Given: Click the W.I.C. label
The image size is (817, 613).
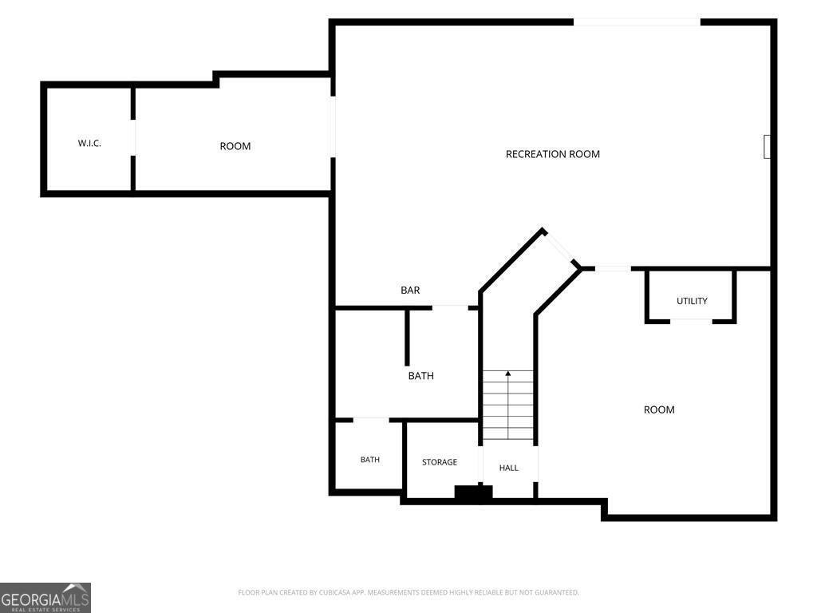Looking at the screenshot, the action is click(89, 144).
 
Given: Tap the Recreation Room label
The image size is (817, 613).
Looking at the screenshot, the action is click(553, 154).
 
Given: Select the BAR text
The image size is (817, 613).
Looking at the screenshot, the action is click(410, 291).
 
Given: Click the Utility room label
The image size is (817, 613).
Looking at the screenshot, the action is click(692, 301).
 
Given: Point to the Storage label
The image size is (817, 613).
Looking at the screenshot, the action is click(440, 462).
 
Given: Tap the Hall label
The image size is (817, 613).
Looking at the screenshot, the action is click(508, 468).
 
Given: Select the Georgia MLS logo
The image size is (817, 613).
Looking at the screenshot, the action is click(45, 598).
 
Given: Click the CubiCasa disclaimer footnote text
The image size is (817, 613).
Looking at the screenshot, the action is click(408, 593).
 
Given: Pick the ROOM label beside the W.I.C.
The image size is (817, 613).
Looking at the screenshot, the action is click(235, 147).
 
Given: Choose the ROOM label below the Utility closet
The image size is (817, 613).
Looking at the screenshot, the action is click(659, 409).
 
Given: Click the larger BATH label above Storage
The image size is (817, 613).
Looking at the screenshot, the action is click(421, 376).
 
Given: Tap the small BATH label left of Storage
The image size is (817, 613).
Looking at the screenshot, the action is click(370, 460).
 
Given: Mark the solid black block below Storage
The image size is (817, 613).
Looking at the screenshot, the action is click(473, 493).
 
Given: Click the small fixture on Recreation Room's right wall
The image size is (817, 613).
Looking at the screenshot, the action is click(767, 147).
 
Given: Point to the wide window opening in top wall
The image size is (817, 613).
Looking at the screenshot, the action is click(637, 22).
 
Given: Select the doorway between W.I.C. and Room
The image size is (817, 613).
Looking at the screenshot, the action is click(133, 137).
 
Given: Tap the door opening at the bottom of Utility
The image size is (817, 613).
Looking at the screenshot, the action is click(691, 321).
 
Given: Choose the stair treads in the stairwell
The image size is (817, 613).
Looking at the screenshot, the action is click(508, 405).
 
